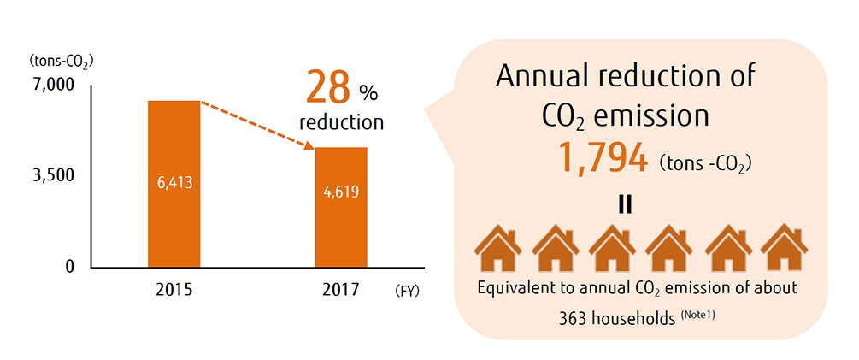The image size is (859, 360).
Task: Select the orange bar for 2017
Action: pos(342,231)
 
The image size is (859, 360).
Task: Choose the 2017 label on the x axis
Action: pos(342,290)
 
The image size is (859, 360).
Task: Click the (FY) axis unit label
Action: pos(408,291)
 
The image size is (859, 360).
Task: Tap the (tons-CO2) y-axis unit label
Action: pos(62,61)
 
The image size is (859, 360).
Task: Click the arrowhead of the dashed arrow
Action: pos(310,148)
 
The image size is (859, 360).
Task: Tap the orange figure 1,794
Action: pos(602,158)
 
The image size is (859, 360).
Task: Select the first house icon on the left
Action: pos(499,250)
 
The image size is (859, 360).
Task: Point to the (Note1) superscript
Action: pos(697,314)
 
